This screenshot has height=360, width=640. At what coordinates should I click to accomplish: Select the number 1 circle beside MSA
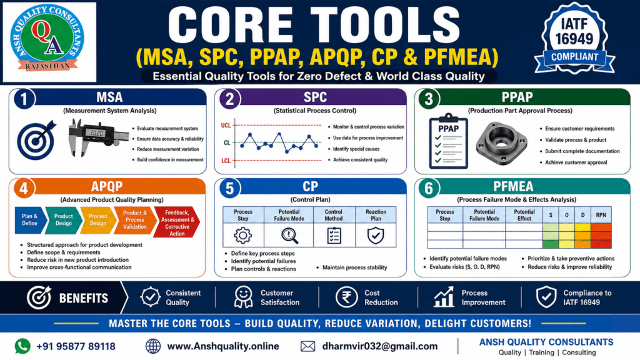[x=24, y=99]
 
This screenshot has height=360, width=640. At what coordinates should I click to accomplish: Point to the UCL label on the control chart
[x=226, y=125]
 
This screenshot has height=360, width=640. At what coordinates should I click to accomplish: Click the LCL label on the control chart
[x=226, y=161]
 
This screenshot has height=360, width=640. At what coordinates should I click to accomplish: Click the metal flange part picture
[x=502, y=143]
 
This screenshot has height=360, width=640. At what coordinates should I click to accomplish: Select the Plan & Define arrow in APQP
[x=30, y=220]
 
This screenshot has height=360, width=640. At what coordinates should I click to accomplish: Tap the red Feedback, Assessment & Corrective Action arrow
[x=177, y=222]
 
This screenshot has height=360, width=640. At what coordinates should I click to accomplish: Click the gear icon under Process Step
[x=243, y=235]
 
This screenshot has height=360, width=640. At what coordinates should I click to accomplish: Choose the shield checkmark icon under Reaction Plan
[x=376, y=236]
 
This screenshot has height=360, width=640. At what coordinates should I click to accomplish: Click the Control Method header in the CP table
[x=334, y=215]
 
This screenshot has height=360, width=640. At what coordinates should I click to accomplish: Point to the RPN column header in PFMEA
[x=601, y=215]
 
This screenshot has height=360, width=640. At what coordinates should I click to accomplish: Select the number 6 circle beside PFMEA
[x=429, y=189]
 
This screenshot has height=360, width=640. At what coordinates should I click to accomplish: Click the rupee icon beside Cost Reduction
[x=346, y=297]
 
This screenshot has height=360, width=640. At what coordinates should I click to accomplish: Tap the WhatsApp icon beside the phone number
[x=22, y=346]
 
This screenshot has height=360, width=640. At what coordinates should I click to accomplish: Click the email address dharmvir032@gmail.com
[x=379, y=346]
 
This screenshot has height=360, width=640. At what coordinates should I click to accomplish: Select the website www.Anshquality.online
[x=223, y=346]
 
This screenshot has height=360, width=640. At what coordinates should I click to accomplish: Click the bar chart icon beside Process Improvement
[x=444, y=297]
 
